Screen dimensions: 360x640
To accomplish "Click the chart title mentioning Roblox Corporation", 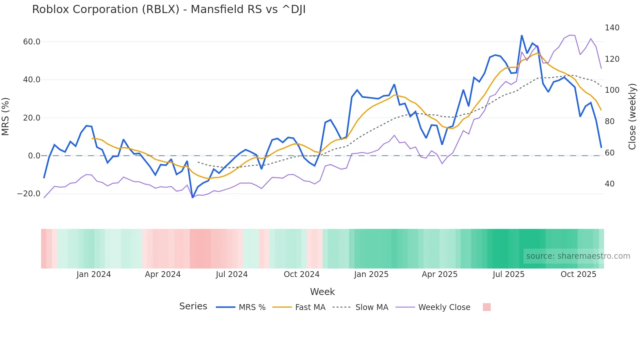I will coord(168,9).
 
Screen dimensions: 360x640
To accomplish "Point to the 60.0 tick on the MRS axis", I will coord(32,42).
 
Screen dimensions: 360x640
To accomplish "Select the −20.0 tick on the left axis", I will coord(29,194).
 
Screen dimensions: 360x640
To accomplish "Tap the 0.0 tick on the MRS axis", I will coord(34,156).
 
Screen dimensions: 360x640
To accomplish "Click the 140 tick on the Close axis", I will coord(612,28).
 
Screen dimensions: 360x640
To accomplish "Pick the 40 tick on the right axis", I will coord(610,184).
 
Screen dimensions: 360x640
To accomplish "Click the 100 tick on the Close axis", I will coord(612,90).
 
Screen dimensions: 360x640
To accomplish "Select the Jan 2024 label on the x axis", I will coord(94,274).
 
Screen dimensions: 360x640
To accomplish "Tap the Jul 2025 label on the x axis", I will coord(508,274).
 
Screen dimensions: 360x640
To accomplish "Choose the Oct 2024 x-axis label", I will coord(301,274).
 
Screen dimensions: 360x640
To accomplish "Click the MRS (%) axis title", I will coord(6,116).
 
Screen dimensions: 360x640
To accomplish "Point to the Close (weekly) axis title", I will coord(632,116).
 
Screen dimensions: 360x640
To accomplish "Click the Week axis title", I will coord(322,292).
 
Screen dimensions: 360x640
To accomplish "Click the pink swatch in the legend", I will coord(487,307).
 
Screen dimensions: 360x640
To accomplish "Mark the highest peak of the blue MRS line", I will coord(521,35).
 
